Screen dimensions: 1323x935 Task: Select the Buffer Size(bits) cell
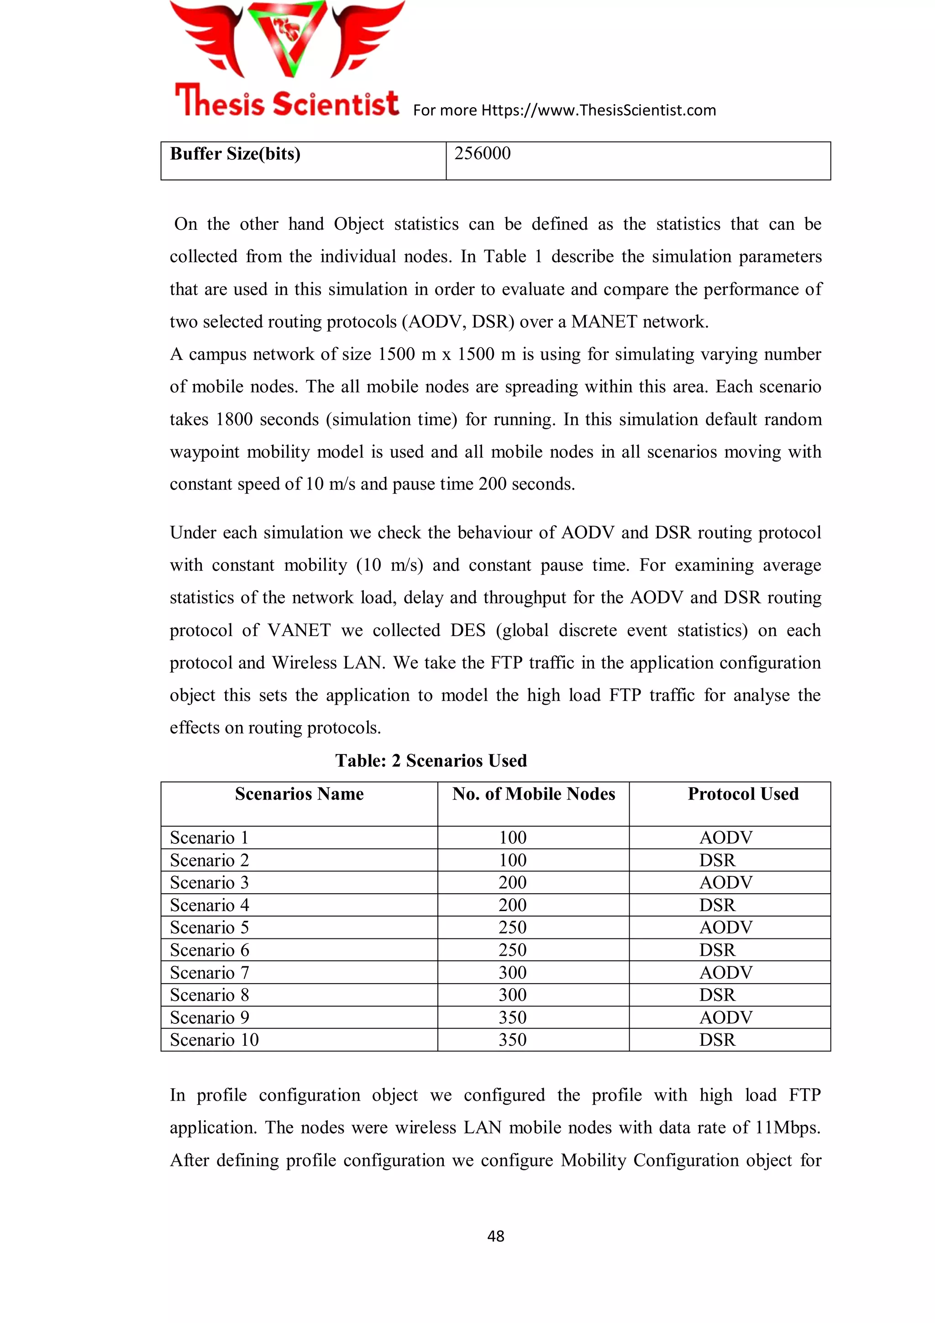coord(235,154)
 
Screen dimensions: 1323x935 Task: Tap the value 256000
coord(482,153)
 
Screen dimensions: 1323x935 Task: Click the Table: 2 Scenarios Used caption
coord(431,761)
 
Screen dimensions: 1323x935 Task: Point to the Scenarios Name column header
coord(299,794)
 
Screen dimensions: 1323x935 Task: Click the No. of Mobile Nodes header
coord(533,794)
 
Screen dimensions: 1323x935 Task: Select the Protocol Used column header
coord(743,794)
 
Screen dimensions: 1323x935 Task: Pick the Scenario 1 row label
coord(209,837)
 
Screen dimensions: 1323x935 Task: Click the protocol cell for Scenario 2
coord(717,860)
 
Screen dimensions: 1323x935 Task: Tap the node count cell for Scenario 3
coord(512,883)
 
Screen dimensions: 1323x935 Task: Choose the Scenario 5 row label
coord(209,928)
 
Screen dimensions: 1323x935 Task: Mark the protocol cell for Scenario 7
coord(726,973)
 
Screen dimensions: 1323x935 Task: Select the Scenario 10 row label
coord(214,1040)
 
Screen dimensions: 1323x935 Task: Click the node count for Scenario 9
coord(512,1017)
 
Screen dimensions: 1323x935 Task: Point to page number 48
coord(495,1236)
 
